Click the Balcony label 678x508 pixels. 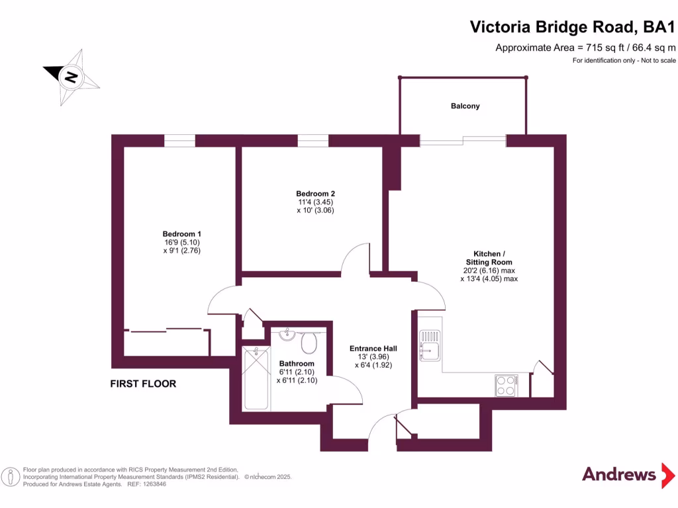click(465, 106)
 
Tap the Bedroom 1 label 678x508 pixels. click(181, 234)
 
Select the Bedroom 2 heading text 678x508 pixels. click(316, 194)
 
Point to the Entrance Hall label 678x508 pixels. click(373, 348)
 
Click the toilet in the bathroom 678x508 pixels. click(309, 342)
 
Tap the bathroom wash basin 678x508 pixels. click(287, 334)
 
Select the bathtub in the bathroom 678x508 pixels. click(256, 379)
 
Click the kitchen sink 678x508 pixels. click(429, 345)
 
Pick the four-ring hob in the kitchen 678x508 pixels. click(507, 386)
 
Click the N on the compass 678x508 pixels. click(70, 77)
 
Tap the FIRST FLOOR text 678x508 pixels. click(143, 384)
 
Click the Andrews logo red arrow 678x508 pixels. click(668, 475)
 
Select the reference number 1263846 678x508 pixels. click(154, 484)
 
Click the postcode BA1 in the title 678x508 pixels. click(659, 26)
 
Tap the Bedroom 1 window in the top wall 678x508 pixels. click(179, 140)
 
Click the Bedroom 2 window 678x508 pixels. click(313, 140)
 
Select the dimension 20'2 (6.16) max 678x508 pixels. click(489, 271)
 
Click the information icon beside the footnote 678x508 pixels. click(11, 477)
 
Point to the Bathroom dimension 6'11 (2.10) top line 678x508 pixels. click(297, 372)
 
